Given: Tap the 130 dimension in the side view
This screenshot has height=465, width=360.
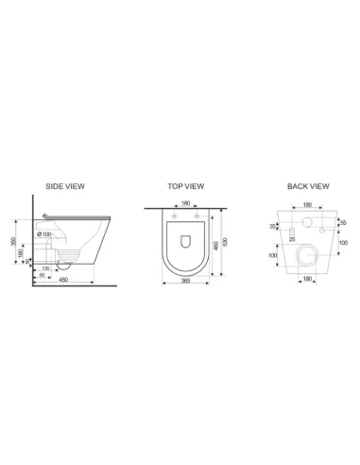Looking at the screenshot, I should (44, 268).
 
